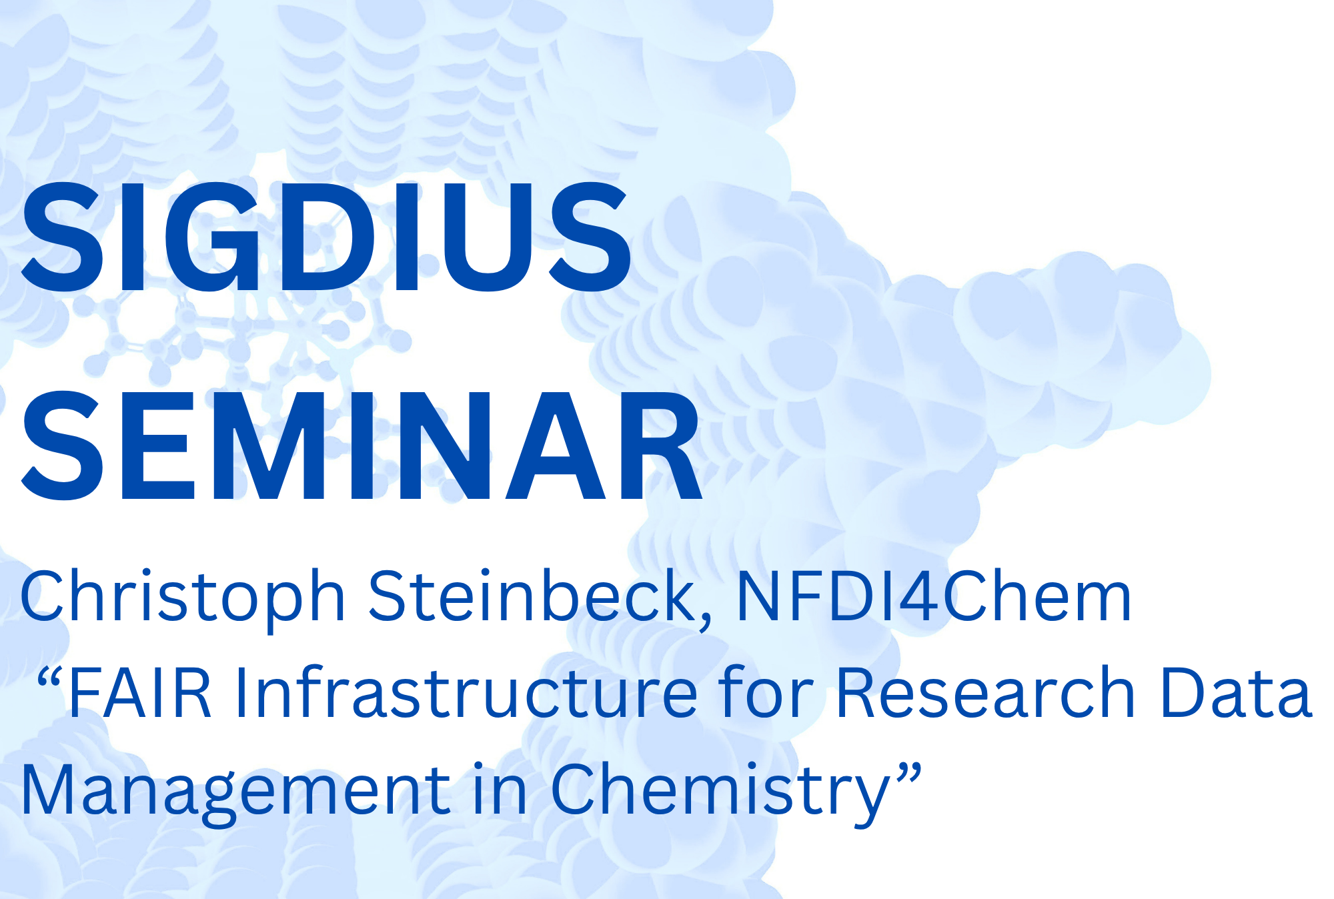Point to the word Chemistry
pos(720,790)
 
